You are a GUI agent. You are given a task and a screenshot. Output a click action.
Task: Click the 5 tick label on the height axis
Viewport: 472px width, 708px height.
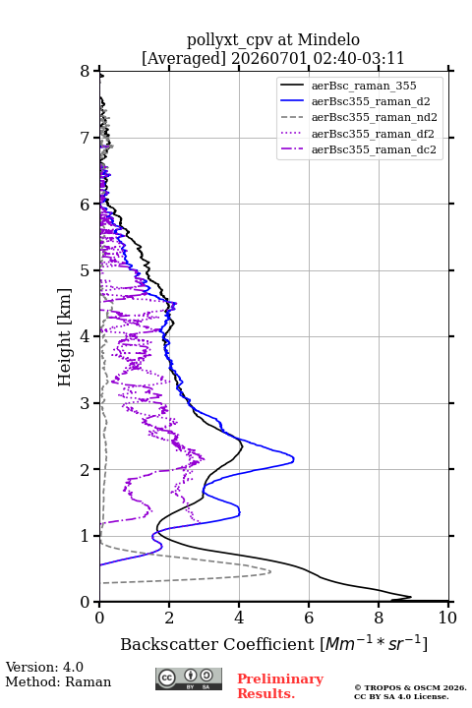(x=86, y=270)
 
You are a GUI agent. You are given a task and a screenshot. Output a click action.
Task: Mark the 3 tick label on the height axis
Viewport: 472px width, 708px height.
(x=86, y=403)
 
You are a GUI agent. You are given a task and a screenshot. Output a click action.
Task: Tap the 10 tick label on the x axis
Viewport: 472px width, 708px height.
(x=447, y=618)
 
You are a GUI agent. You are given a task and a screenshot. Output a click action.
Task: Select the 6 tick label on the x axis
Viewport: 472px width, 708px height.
(x=309, y=618)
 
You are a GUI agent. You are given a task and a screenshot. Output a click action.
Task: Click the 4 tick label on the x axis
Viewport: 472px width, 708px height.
(x=239, y=618)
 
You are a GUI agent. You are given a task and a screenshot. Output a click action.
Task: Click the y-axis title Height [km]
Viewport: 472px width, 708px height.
(x=65, y=337)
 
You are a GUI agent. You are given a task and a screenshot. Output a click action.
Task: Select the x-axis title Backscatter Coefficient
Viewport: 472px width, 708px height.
(x=217, y=644)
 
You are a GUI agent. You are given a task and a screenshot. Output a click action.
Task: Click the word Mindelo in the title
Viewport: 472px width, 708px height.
(x=328, y=39)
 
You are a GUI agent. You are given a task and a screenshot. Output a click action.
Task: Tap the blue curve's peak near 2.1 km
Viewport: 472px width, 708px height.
(x=294, y=459)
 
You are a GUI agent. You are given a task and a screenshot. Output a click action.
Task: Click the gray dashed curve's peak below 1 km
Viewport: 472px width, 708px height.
(x=270, y=571)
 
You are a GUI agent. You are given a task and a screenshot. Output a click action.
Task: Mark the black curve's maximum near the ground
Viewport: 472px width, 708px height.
(x=411, y=597)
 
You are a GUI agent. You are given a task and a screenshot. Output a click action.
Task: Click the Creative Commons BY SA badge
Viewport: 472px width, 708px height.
(x=189, y=678)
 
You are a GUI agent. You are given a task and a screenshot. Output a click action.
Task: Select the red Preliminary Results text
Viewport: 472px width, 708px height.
(x=280, y=686)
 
